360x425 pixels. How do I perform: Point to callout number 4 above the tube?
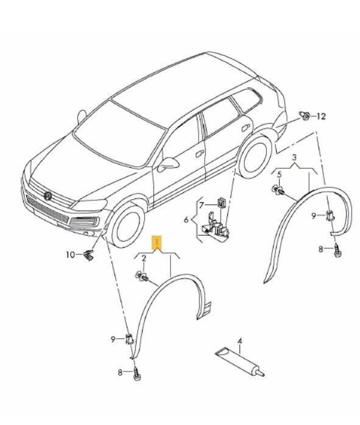coord(239,342)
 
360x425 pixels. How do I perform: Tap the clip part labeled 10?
coord(88,255)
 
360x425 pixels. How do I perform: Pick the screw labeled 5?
coord(279,192)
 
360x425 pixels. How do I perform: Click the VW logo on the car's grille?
coord(47,194)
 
